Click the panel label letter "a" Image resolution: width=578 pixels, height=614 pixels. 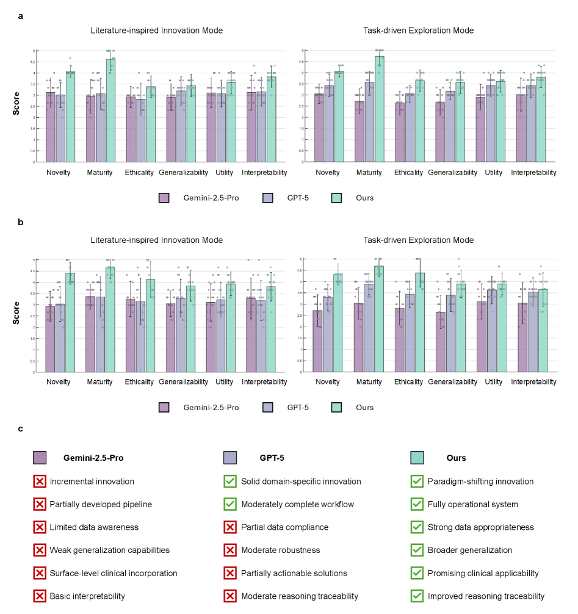click(21, 16)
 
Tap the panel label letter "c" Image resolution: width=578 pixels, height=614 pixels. click(21, 428)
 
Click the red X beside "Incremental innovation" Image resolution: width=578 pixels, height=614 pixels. click(40, 482)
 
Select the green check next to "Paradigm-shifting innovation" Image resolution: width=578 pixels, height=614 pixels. click(417, 482)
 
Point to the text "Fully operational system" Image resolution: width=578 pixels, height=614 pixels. click(473, 504)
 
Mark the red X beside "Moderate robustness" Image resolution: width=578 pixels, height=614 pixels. click(230, 550)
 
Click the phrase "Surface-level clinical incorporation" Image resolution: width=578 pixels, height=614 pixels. click(114, 573)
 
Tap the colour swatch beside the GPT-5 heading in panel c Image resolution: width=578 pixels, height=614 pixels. click(230, 458)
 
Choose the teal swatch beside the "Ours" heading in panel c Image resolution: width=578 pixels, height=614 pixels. click(417, 458)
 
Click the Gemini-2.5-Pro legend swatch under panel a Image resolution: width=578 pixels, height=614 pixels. click(164, 198)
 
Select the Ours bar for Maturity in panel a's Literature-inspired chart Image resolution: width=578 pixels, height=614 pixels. click(110, 110)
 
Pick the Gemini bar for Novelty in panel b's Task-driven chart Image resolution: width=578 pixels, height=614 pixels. click(318, 341)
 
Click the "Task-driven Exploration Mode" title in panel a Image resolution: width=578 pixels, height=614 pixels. click(418, 31)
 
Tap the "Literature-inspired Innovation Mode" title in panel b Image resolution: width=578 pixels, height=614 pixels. click(157, 240)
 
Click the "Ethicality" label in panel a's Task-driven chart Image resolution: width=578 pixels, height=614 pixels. click(408, 173)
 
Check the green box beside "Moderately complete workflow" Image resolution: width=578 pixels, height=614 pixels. click(230, 504)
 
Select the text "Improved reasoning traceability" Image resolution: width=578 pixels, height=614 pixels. click(486, 596)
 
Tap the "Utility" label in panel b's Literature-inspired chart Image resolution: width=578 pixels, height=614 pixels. click(225, 382)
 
